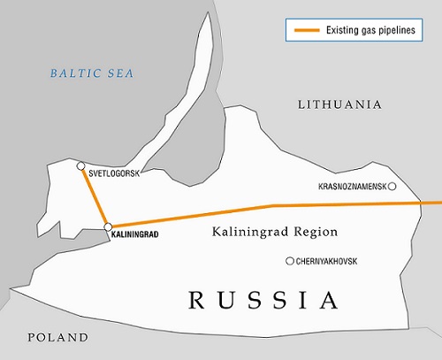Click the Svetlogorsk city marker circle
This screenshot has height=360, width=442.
pyautogui.click(x=80, y=165)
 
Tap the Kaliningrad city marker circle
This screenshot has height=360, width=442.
pyautogui.click(x=108, y=227)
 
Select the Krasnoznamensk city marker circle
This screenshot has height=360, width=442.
pyautogui.click(x=392, y=187)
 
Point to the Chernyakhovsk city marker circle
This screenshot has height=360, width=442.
pyautogui.click(x=289, y=260)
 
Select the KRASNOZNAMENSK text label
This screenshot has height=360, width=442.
pyautogui.click(x=351, y=187)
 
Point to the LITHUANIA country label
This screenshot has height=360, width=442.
pyautogui.click(x=339, y=104)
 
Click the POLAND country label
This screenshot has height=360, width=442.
pyautogui.click(x=57, y=337)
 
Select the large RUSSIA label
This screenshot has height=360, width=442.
pyautogui.click(x=263, y=300)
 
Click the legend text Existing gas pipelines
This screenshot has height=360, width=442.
pyautogui.click(x=369, y=31)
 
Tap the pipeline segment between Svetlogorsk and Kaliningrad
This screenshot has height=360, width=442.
pyautogui.click(x=94, y=196)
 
